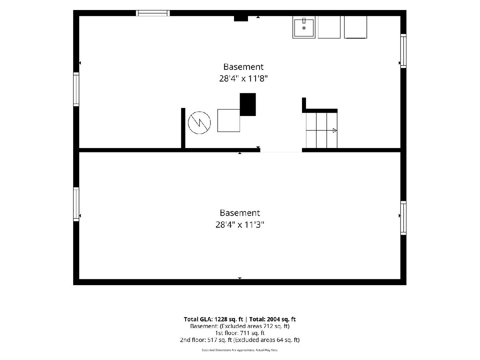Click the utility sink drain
tap(304, 28)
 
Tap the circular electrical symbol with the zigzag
tap(199, 123)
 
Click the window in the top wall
tap(153, 13)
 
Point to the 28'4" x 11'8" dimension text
tap(243, 78)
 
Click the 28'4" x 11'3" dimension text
tap(240, 224)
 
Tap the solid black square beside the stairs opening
tap(248, 104)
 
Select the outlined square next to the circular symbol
tap(228, 120)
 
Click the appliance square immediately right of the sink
tap(329, 27)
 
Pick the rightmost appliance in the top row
tap(356, 27)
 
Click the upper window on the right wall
tap(404, 51)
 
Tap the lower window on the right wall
tap(404, 218)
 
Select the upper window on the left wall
tap(76, 89)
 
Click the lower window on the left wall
tap(76, 204)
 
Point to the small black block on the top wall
tap(241, 18)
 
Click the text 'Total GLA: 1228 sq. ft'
tap(214, 319)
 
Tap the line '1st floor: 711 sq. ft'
tap(240, 333)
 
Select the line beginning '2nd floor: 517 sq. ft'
tap(240, 340)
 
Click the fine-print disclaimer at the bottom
tap(240, 350)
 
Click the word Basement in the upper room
tap(243, 67)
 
